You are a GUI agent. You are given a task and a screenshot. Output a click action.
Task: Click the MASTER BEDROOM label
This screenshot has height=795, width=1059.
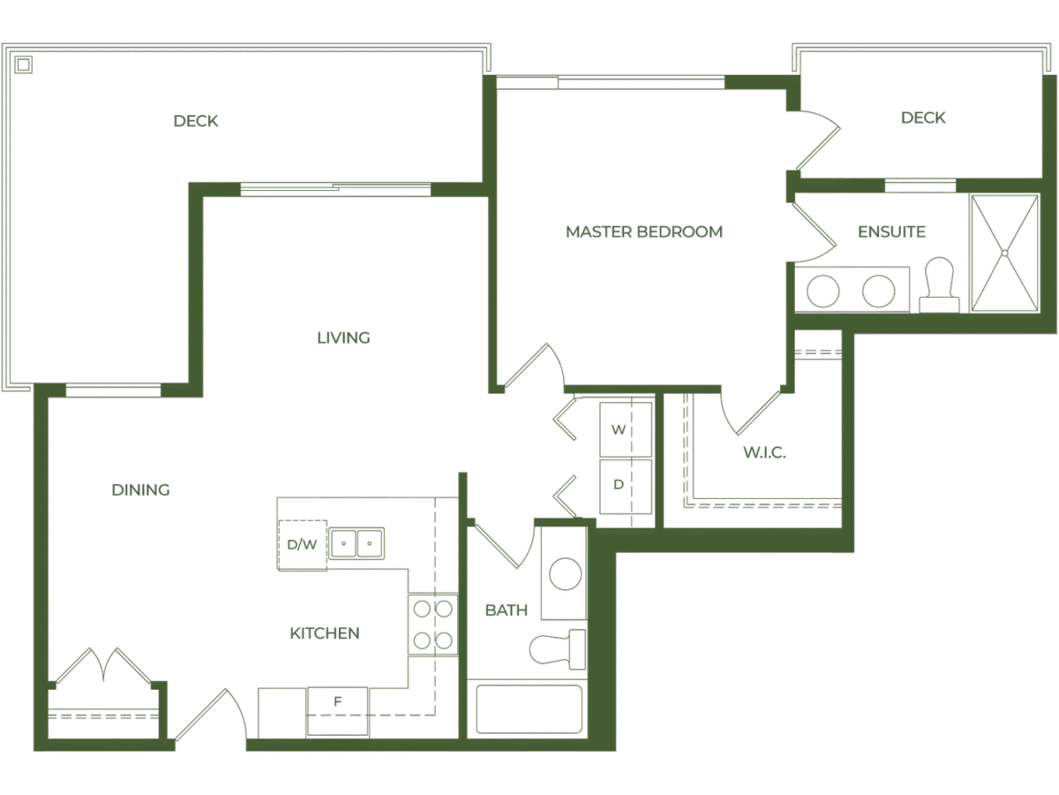pyautogui.click(x=643, y=232)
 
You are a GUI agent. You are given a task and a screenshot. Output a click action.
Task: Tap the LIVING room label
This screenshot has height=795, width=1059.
pyautogui.click(x=343, y=337)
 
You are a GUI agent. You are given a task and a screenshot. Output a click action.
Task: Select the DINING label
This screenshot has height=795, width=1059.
pyautogui.click(x=140, y=489)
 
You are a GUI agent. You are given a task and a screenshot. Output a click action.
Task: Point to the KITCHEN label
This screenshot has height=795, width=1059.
pyautogui.click(x=324, y=633)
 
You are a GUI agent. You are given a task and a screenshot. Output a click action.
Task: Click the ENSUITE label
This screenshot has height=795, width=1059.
pyautogui.click(x=891, y=232)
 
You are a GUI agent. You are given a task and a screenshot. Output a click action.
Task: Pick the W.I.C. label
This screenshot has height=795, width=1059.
pyautogui.click(x=763, y=453)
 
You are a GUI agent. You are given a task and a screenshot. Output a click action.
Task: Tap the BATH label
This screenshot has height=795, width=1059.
pyautogui.click(x=507, y=610)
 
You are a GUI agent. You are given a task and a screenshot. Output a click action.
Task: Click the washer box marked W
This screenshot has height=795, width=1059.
pyautogui.click(x=626, y=430)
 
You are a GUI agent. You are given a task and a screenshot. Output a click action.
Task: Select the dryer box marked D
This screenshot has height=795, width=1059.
pyautogui.click(x=626, y=485)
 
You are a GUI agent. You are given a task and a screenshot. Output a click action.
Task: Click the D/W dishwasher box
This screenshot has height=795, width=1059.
pyautogui.click(x=302, y=544)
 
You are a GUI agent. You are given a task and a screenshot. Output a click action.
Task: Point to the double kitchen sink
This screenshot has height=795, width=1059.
pyautogui.click(x=357, y=542)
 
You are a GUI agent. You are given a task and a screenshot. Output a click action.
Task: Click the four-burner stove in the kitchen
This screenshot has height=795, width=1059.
pyautogui.click(x=432, y=625)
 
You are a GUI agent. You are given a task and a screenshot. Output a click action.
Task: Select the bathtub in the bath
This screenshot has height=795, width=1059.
pyautogui.click(x=529, y=708)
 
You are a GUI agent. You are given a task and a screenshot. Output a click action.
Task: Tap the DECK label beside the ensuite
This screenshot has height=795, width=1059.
pyautogui.click(x=923, y=118)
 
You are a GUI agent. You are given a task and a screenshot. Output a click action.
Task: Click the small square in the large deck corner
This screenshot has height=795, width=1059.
pyautogui.click(x=24, y=64)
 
